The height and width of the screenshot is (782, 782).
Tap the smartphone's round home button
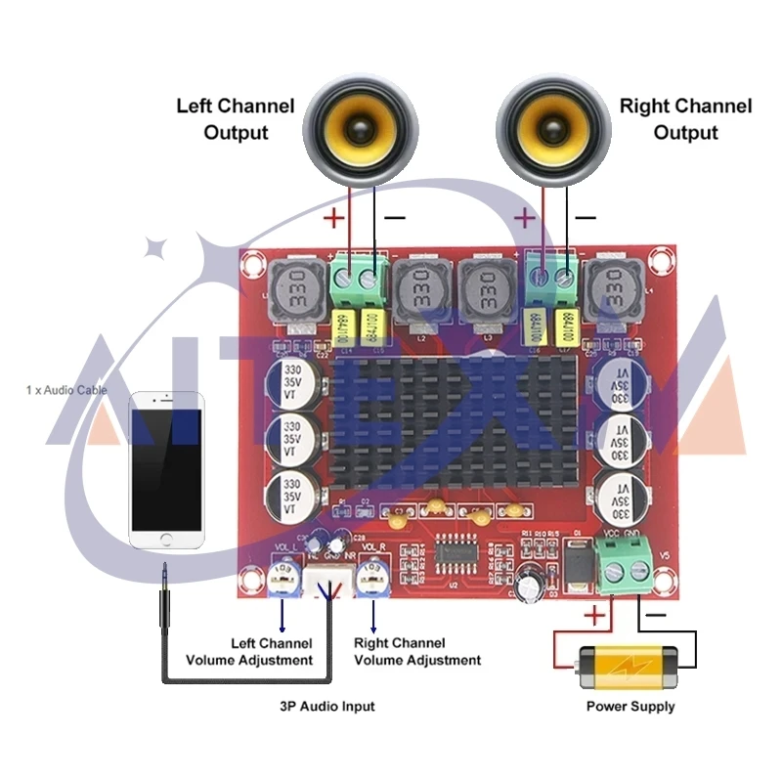click(166, 540)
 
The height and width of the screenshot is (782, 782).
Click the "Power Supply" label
click(630, 706)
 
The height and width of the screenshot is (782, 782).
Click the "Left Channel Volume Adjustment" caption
click(272, 652)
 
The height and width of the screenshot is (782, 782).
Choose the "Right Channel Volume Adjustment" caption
click(417, 652)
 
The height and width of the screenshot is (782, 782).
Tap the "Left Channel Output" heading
click(235, 118)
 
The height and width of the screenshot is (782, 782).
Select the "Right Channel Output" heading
click(685, 118)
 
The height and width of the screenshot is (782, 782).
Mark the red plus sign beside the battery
click(594, 616)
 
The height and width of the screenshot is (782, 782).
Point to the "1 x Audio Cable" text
click(66, 390)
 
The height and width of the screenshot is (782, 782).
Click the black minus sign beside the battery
click(657, 615)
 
